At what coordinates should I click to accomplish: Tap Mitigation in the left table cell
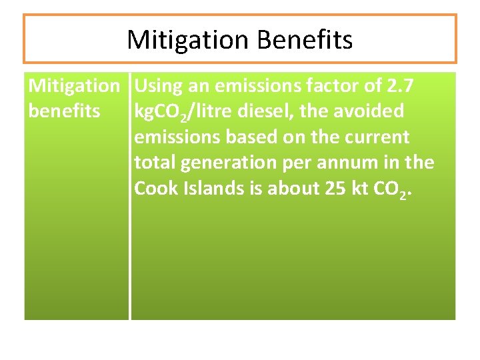click(73, 85)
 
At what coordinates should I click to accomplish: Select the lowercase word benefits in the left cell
click(64, 111)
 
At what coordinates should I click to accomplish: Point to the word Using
click(157, 85)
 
